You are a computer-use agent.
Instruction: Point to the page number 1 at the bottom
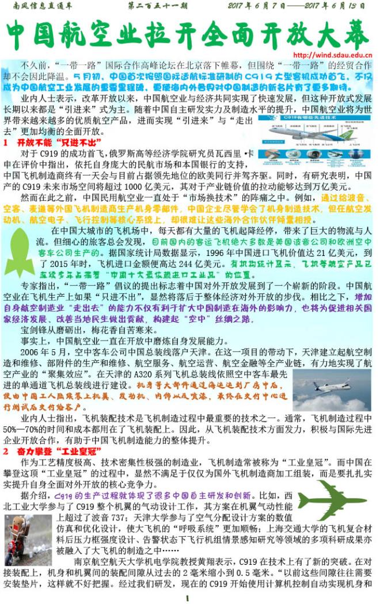(x=188, y=598)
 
